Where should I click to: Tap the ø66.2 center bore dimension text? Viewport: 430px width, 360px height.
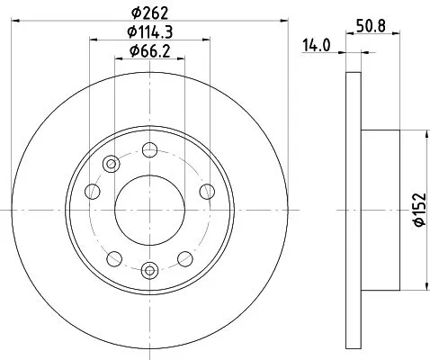pyautogui.click(x=148, y=51)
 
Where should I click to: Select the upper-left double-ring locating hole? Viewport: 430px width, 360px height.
pyautogui.click(x=112, y=164)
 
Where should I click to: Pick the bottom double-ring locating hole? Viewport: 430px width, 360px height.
pyautogui.click(x=149, y=267)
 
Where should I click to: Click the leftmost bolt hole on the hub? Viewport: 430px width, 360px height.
pyautogui.click(x=92, y=190)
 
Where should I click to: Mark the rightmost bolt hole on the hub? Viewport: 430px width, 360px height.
pyautogui.click(x=206, y=190)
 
